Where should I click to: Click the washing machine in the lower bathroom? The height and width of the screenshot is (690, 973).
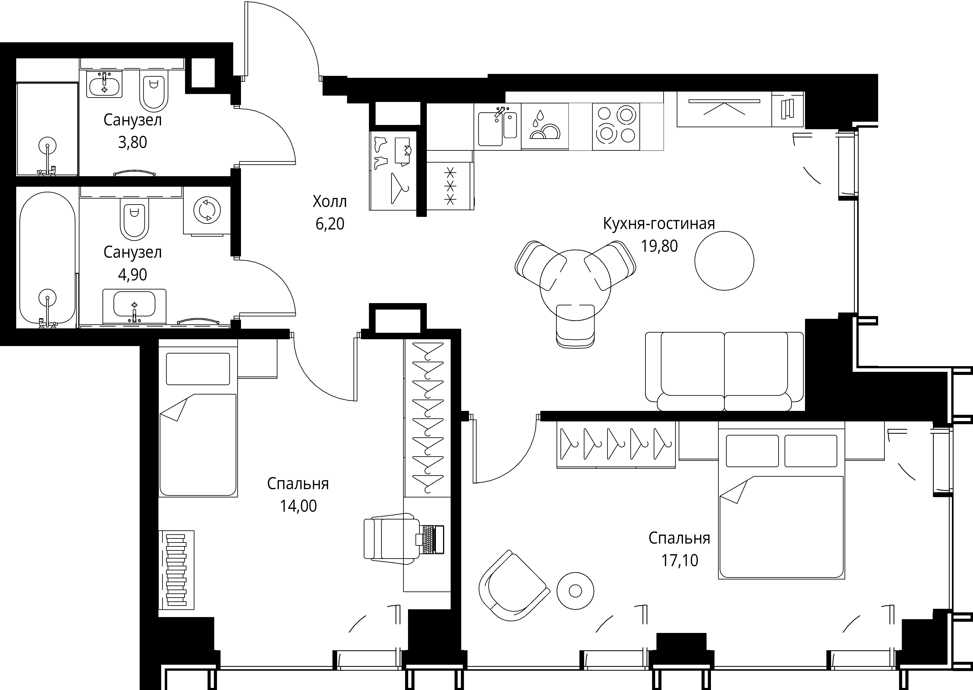pyautogui.click(x=207, y=210)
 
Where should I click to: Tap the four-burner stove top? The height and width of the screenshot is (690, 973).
pyautogui.click(x=616, y=127)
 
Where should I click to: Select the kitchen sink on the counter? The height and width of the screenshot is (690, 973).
pyautogui.click(x=497, y=127)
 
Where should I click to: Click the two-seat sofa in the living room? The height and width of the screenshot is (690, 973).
pyautogui.click(x=724, y=372)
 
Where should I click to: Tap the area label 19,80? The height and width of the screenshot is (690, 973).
pyautogui.click(x=659, y=246)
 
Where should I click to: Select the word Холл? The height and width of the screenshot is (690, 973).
pyautogui.click(x=330, y=201)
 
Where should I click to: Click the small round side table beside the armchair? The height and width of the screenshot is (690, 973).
pyautogui.click(x=575, y=591)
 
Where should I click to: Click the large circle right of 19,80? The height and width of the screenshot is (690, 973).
pyautogui.click(x=724, y=261)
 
